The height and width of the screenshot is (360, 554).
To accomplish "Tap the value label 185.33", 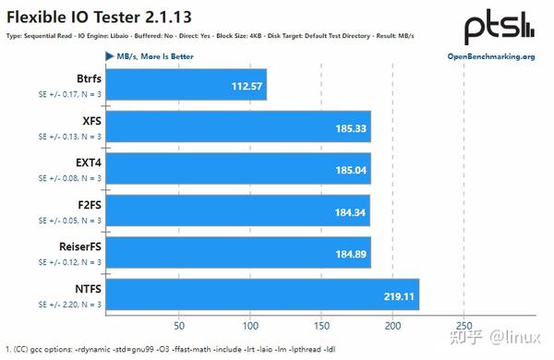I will tap(349, 128).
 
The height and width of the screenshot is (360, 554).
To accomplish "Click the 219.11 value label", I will tap(398, 296).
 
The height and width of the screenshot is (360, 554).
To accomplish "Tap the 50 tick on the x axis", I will tap(179, 326).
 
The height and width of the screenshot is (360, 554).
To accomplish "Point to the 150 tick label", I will tap(322, 326).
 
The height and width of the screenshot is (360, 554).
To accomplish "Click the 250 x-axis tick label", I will tap(464, 326).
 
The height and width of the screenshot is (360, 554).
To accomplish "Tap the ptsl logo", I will tap(498, 25).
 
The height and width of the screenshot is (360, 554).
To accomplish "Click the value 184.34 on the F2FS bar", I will tap(349, 211).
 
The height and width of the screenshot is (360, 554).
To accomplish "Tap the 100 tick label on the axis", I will tap(250, 326).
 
